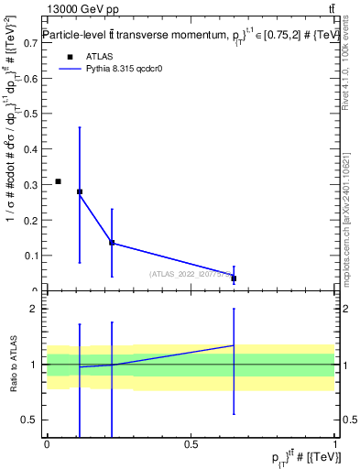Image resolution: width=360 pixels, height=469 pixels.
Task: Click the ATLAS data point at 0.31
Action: (x=58, y=181)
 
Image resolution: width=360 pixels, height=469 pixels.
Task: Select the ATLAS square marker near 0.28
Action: (x=80, y=192)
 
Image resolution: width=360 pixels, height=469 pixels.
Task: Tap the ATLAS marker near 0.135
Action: (x=112, y=243)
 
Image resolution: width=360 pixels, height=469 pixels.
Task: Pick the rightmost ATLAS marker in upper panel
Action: (x=234, y=278)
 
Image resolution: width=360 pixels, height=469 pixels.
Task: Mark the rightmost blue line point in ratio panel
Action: (x=234, y=345)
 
